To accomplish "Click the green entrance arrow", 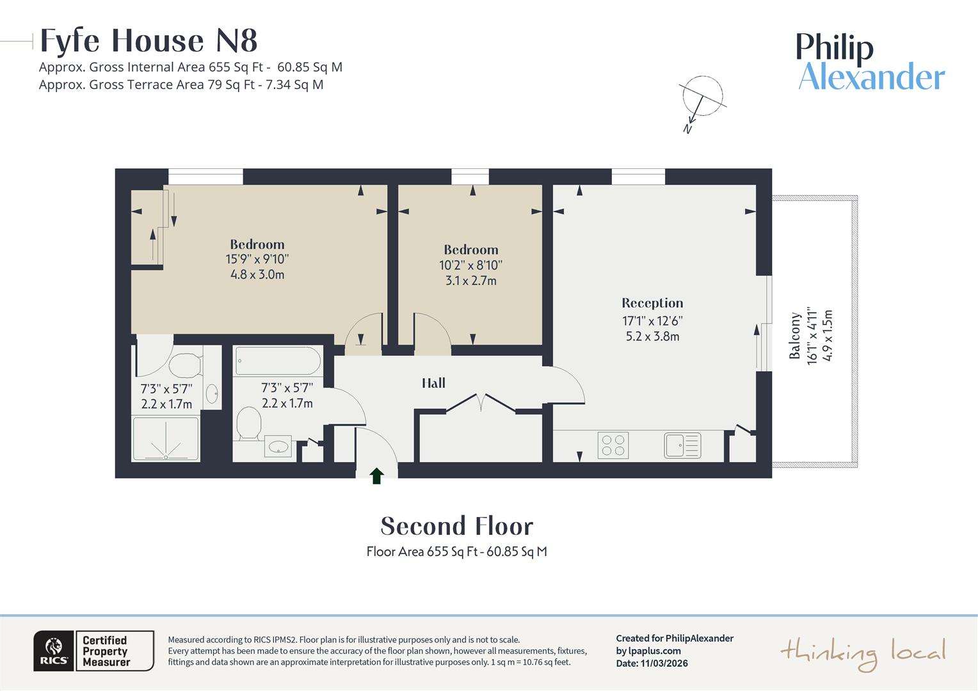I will pos(376,475).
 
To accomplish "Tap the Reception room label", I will pos(652,303).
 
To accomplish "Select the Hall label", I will pos(433,383).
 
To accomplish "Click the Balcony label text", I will pos(795,336).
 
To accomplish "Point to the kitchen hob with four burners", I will pos(613,445).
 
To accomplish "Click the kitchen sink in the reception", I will pos(682,445).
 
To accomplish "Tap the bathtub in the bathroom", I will pos(278,361).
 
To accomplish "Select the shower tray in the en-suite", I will pos(166,439).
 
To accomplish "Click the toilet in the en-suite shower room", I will pos(184,365).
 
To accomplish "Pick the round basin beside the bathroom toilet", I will pos(278,447).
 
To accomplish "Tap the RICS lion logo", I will pos(54,651).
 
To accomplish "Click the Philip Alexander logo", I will pos(870,62).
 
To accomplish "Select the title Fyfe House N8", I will pos(148,41).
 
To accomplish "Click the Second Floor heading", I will pos(456,527).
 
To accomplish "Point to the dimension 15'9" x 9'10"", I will pos(257,259).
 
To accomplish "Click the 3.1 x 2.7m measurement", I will pos(470,280).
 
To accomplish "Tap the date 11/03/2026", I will pos(664,663).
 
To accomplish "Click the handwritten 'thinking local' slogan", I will pos(862,653).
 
